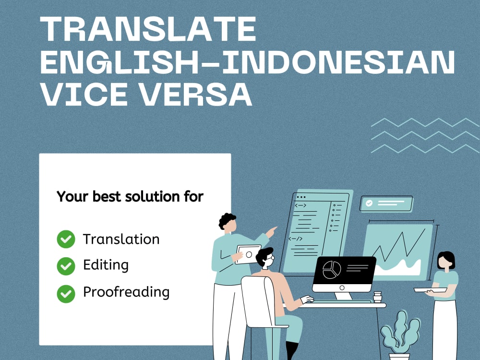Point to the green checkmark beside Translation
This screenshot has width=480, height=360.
pos(66,239)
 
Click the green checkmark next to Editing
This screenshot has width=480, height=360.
pos(66,265)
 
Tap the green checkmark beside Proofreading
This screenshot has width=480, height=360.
pos(66,293)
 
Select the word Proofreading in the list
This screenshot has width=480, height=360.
pos(126,292)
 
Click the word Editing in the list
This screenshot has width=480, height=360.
pos(106,265)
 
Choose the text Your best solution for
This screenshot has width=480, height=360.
pos(130,197)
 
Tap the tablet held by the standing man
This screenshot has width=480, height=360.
pos(248,253)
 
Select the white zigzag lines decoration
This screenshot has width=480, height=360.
pos(425,135)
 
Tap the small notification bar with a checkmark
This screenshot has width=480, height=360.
pos(386,203)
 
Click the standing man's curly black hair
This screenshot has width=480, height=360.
pos(227,220)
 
